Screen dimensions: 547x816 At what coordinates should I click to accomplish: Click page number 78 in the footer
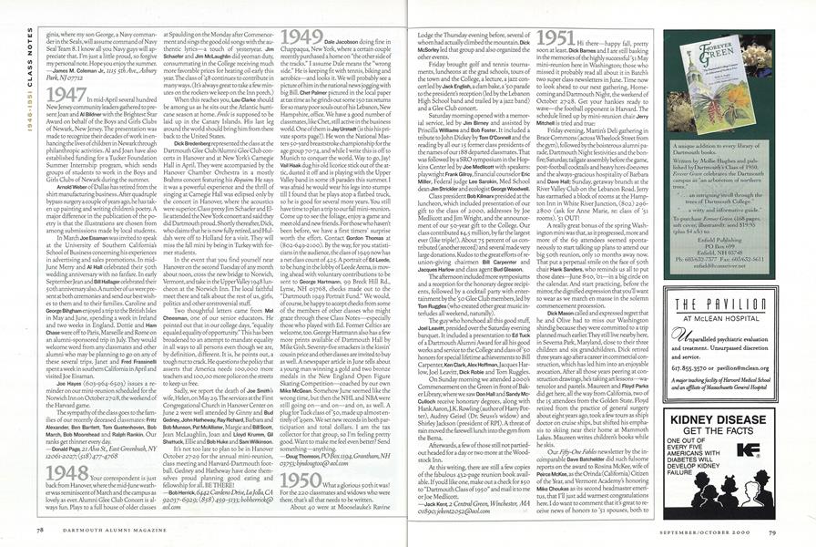pos(40,528)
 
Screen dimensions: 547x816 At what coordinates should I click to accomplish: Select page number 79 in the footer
pos(772,528)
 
